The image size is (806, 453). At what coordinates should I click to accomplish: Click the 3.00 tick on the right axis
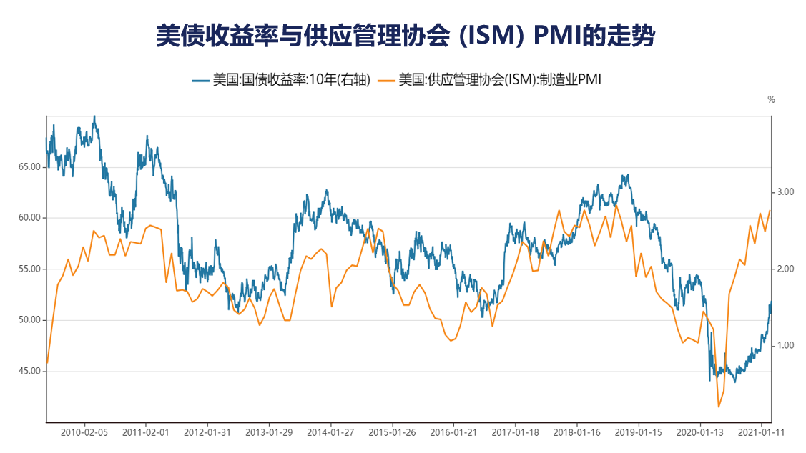click(x=786, y=192)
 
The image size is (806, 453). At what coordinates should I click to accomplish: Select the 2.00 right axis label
click(x=786, y=269)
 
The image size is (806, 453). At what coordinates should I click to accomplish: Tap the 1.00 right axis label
click(x=786, y=346)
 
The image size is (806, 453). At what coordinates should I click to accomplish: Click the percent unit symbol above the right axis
click(x=771, y=100)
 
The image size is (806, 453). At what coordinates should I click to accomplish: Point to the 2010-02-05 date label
click(x=84, y=432)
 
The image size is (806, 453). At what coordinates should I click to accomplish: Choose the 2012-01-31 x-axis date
click(x=207, y=432)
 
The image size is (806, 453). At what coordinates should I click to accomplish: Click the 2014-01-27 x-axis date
click(x=330, y=432)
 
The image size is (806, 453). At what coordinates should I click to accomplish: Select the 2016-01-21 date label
click(x=453, y=432)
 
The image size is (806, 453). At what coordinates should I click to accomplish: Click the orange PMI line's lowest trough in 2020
click(x=718, y=407)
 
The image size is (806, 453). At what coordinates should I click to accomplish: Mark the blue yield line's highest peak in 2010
click(x=94, y=116)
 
